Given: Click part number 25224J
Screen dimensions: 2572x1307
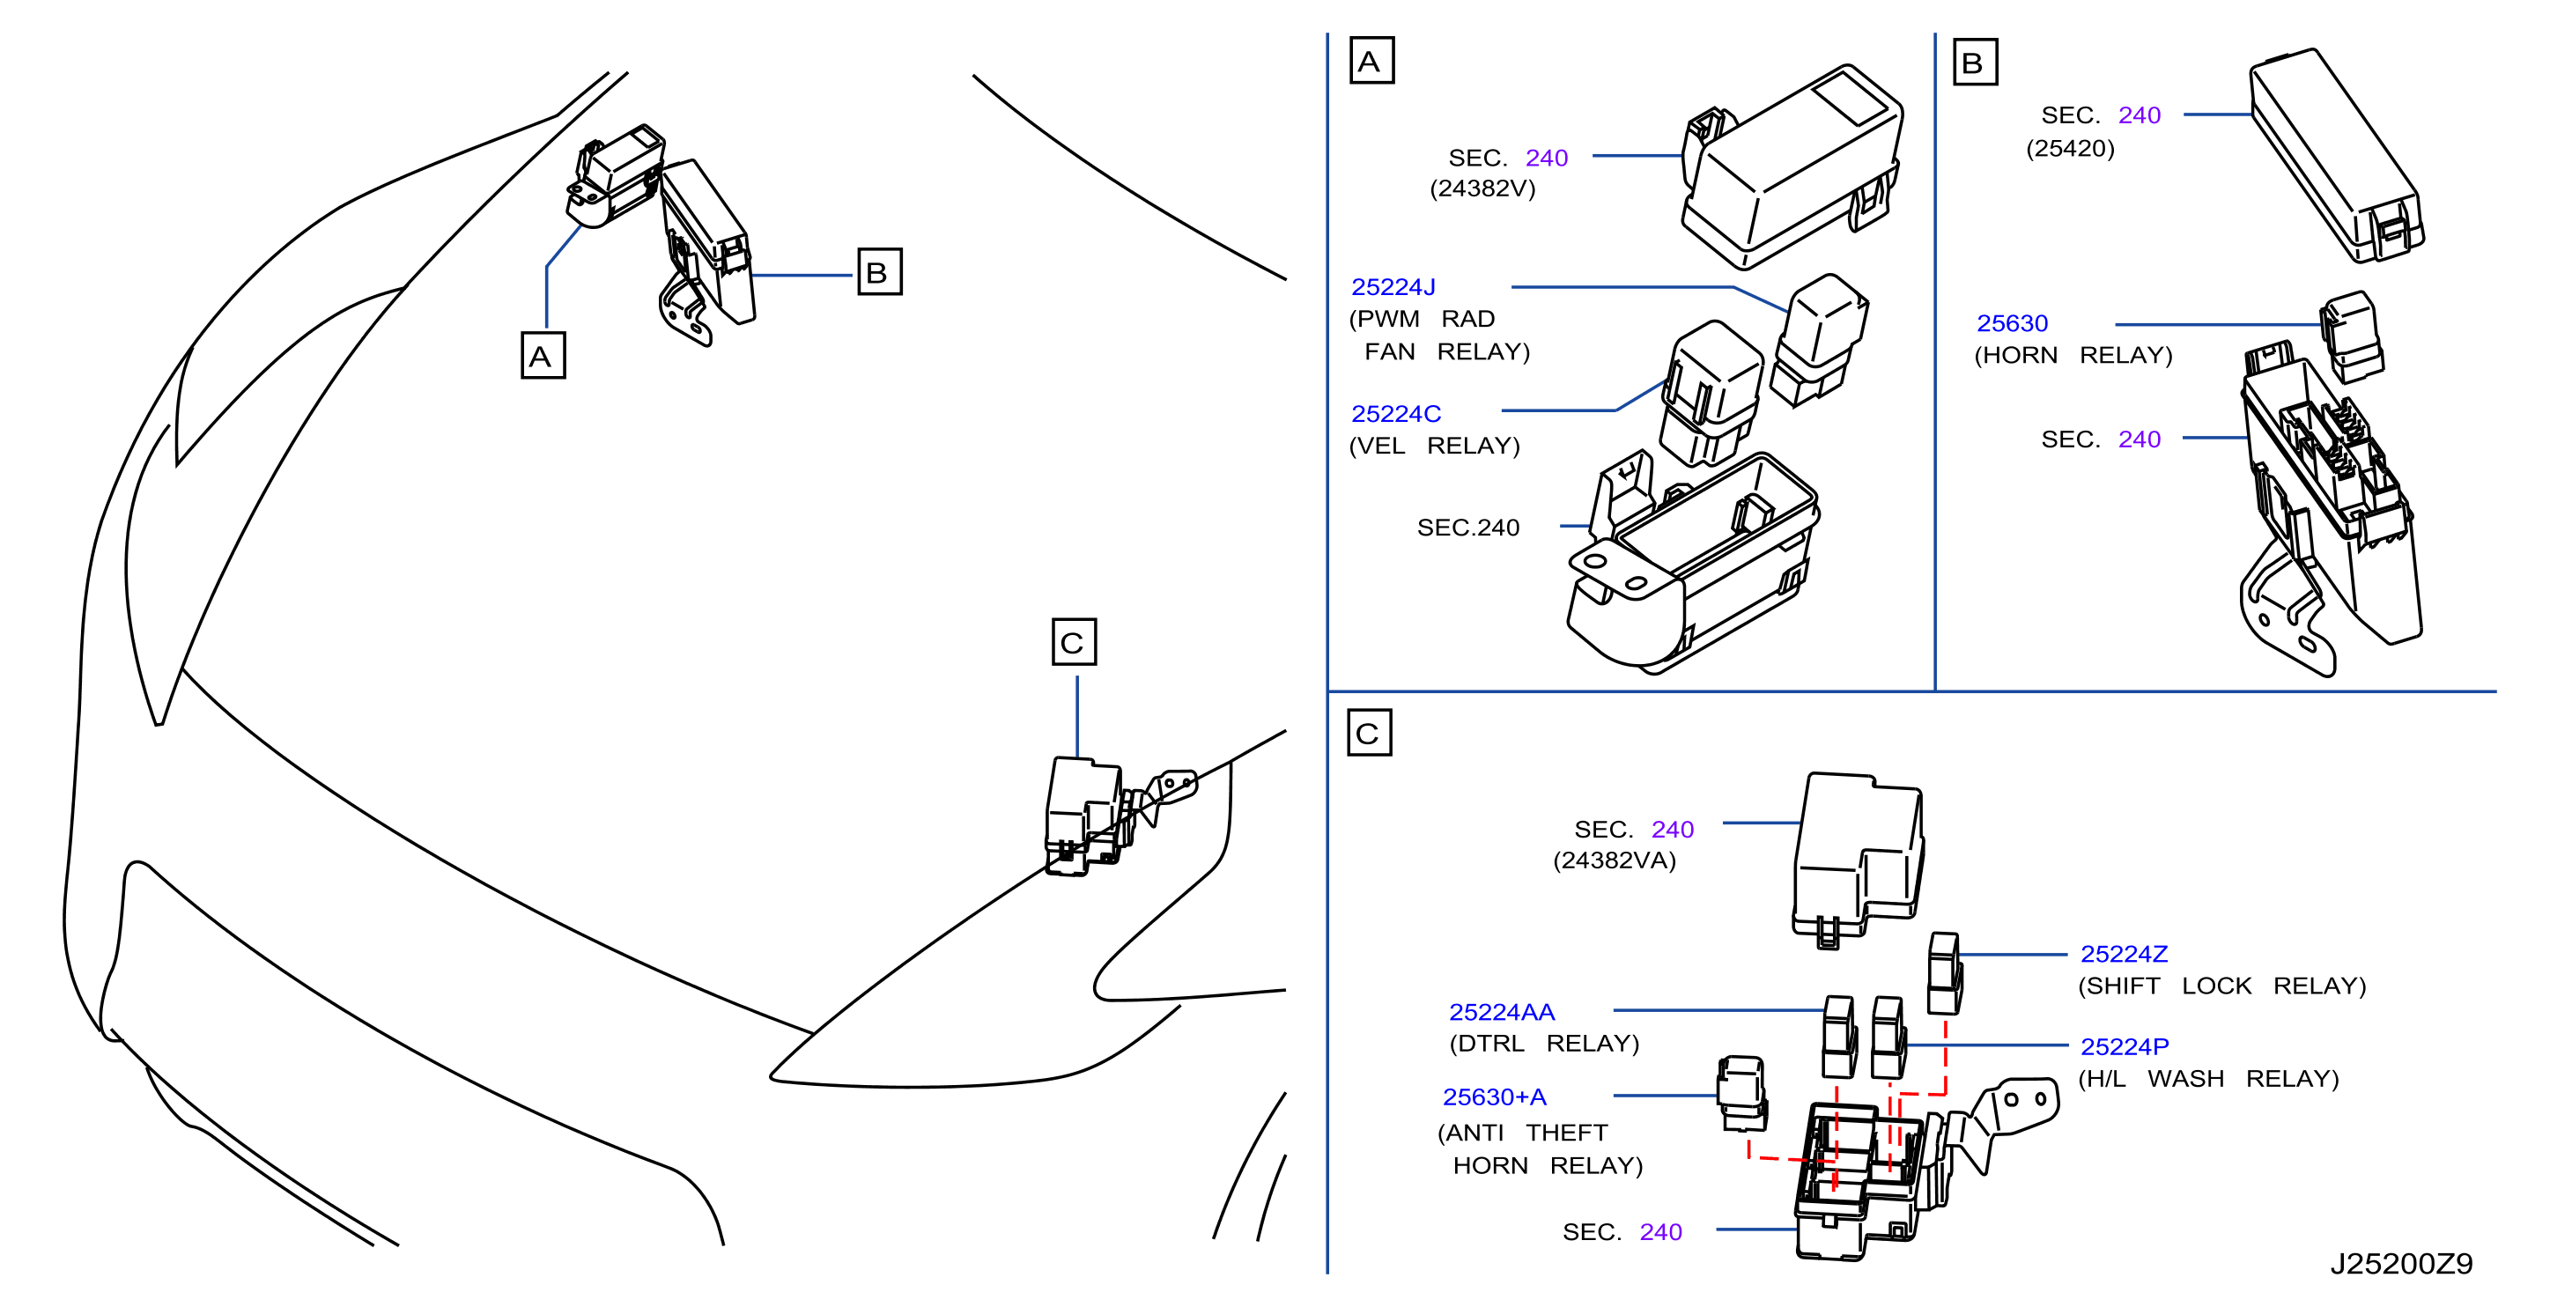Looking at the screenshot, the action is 1393,288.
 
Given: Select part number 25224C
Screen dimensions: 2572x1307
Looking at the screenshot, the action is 1396,414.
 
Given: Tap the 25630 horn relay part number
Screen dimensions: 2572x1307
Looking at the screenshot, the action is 2012,323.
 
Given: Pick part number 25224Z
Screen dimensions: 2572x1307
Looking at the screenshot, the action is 2124,955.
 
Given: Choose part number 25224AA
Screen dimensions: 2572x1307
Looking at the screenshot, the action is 1502,1013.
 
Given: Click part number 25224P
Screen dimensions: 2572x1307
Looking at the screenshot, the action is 2125,1047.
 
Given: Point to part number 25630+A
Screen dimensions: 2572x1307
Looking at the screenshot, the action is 1495,1097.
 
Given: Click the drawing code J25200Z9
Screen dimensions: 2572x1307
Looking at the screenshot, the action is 2401,1265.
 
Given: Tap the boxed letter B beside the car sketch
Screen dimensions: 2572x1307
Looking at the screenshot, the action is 880,271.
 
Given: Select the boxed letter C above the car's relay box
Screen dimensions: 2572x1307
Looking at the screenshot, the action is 1075,642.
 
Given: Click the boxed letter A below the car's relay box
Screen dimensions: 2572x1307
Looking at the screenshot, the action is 543,356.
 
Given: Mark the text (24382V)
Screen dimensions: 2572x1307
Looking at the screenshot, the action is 1482,188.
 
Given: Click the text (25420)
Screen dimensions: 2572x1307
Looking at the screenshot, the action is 2070,149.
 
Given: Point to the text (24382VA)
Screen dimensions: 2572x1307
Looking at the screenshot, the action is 1615,860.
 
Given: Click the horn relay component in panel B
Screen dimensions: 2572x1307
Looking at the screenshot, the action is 2351,336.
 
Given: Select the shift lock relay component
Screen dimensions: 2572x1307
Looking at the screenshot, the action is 1945,973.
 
